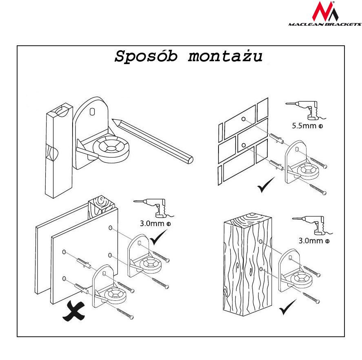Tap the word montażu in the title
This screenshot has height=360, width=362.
225,57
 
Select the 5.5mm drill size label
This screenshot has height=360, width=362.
307,125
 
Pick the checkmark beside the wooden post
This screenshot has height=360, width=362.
288,307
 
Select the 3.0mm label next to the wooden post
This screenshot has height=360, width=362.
314,240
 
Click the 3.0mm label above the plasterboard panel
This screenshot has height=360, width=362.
155,224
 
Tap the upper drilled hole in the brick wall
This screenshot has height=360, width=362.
243,120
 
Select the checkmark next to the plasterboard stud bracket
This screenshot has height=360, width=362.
159,238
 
